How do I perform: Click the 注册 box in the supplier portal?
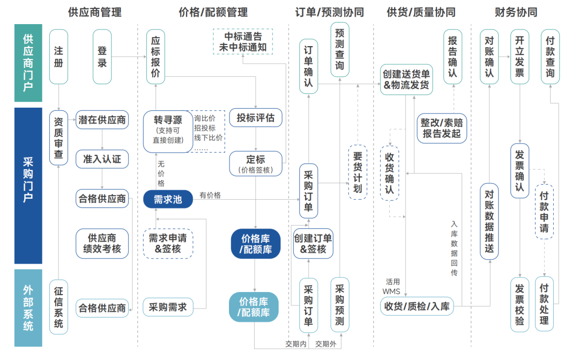click(58, 57)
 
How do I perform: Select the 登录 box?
click(102, 57)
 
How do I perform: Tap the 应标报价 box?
click(155, 57)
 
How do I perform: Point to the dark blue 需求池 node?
click(168, 199)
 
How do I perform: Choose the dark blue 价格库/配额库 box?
click(256, 244)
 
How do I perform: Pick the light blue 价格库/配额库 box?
click(254, 307)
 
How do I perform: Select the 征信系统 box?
click(58, 306)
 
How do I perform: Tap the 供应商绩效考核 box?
click(102, 243)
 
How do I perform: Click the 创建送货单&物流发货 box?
click(406, 79)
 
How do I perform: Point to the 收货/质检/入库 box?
click(417, 307)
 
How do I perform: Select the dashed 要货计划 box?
click(358, 172)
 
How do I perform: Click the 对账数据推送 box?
click(489, 221)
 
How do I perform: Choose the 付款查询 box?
click(550, 57)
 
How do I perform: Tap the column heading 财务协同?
click(516, 12)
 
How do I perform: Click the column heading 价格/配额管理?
click(213, 12)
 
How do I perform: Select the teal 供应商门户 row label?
click(28, 63)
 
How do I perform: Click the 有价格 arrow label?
click(210, 196)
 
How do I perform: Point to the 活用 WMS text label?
click(391, 286)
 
